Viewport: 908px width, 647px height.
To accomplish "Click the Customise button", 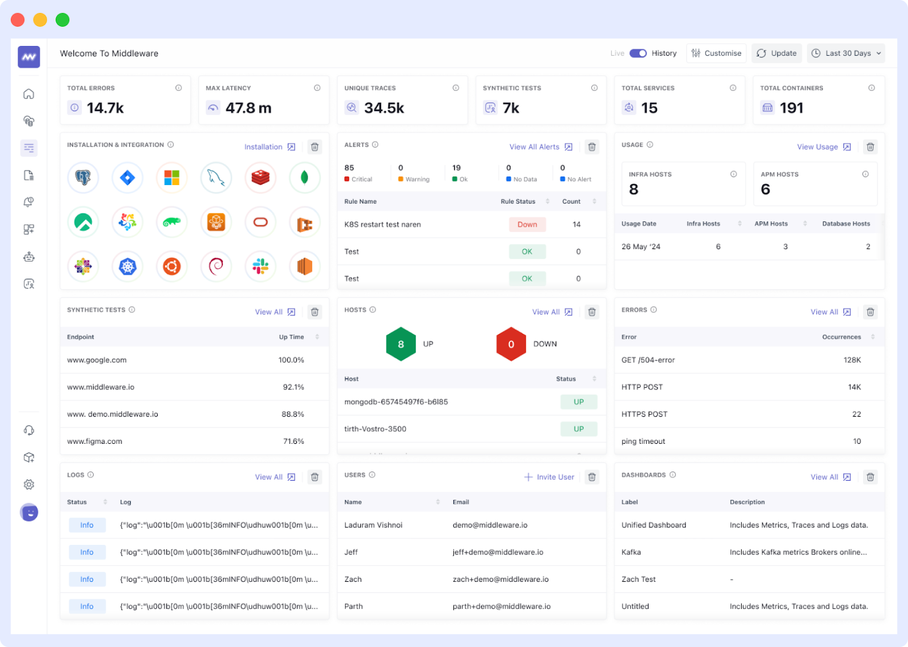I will point(716,53).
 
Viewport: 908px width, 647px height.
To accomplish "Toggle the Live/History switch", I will point(638,53).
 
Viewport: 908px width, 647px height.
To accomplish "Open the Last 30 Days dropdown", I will point(846,53).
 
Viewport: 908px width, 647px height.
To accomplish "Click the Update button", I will point(776,53).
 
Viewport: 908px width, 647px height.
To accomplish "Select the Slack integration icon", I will point(260,266).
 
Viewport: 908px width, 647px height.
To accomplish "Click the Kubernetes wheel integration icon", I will point(127,266).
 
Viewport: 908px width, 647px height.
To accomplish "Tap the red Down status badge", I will point(527,225).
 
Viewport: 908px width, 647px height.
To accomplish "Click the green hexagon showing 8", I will point(401,344).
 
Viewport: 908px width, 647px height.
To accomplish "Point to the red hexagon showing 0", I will point(511,344).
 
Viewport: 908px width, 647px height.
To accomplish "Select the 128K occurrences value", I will point(852,360).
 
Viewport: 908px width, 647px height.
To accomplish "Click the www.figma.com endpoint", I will point(95,442).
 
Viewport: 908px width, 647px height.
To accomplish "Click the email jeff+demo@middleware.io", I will point(498,552).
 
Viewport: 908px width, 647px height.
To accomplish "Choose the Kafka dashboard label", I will point(631,552).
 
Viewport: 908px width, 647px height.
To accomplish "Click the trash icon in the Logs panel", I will point(314,477).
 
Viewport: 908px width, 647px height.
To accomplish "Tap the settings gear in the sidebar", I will point(29,485).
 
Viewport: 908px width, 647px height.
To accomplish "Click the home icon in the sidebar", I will point(29,94).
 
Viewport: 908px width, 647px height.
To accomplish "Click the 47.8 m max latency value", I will point(248,108).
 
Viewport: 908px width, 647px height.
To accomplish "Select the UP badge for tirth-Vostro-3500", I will point(578,429).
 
